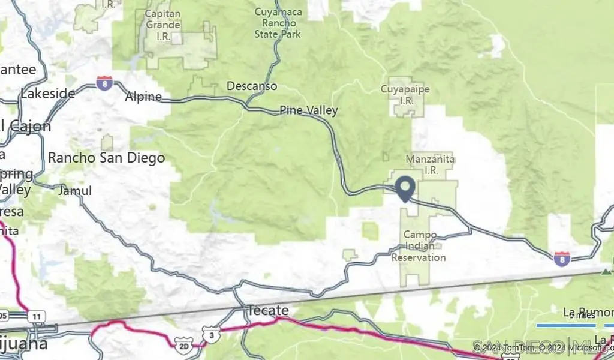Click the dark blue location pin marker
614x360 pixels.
tap(406, 188)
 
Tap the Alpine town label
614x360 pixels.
tap(143, 97)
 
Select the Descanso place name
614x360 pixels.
tap(252, 86)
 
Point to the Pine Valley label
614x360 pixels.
tap(309, 110)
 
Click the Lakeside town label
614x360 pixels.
tap(47, 94)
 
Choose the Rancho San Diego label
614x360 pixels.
tap(106, 158)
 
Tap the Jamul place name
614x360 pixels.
tap(75, 191)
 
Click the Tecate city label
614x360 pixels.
tap(267, 311)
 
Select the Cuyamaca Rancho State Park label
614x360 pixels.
tap(278, 23)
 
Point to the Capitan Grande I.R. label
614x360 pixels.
tap(162, 25)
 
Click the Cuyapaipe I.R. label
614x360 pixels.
tap(405, 95)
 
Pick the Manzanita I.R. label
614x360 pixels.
tap(430, 164)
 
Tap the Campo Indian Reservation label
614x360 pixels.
tap(419, 246)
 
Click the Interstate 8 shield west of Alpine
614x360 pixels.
tap(104, 83)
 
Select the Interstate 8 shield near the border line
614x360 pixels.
tap(562, 259)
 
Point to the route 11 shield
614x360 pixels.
tap(37, 316)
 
